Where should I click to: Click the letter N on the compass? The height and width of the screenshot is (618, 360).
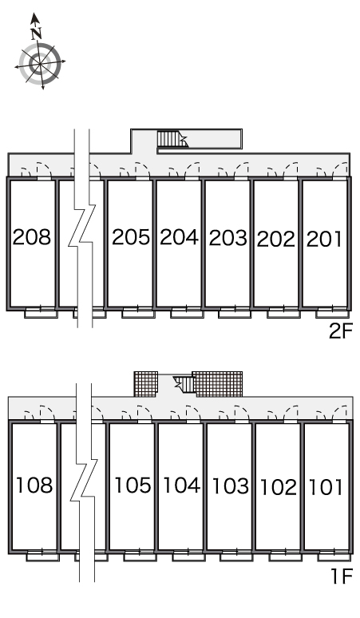click(x=37, y=34)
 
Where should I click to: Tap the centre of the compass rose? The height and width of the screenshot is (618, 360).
click(x=40, y=63)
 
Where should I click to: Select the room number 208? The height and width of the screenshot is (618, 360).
click(x=32, y=237)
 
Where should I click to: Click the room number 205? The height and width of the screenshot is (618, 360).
click(x=131, y=237)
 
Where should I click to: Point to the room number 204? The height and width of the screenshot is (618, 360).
click(x=180, y=237)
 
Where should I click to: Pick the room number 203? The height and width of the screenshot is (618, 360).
click(x=228, y=238)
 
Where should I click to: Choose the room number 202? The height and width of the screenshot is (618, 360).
click(x=276, y=240)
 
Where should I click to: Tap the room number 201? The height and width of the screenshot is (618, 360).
click(x=324, y=240)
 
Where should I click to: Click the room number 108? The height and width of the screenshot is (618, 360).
click(x=34, y=485)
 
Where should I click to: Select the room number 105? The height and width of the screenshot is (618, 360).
click(x=133, y=485)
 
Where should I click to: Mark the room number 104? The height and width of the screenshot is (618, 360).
click(x=181, y=485)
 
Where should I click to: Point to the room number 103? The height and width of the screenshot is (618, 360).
click(x=231, y=486)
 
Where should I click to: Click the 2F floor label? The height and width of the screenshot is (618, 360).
click(x=341, y=331)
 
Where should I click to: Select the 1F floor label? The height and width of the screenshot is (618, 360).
click(x=342, y=577)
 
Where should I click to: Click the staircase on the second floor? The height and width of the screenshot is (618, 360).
click(x=172, y=139)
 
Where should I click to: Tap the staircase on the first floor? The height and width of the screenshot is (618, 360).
click(x=184, y=384)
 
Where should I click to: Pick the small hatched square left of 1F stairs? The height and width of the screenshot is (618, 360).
click(x=146, y=384)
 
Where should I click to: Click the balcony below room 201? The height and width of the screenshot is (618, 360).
click(x=332, y=314)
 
